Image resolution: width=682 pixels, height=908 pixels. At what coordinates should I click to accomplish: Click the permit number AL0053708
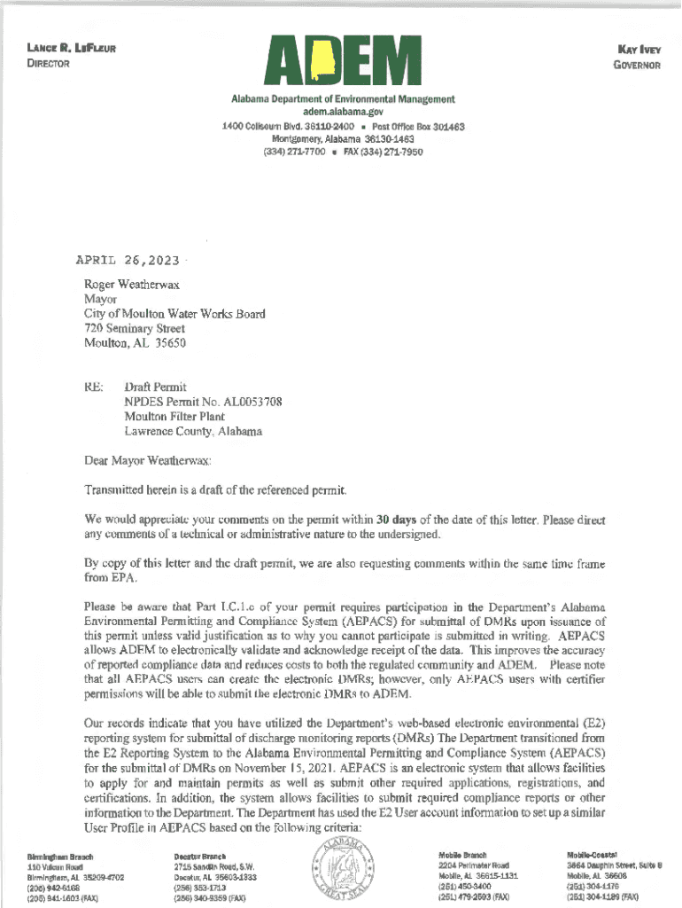[x=251, y=402]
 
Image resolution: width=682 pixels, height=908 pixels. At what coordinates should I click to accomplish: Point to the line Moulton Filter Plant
[x=174, y=416]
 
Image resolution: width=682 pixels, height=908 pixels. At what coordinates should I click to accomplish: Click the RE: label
[x=94, y=387]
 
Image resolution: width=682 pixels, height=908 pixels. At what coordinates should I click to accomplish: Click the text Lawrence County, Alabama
[x=193, y=431]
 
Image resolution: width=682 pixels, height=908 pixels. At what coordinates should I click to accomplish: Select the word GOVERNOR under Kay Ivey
[x=634, y=66]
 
